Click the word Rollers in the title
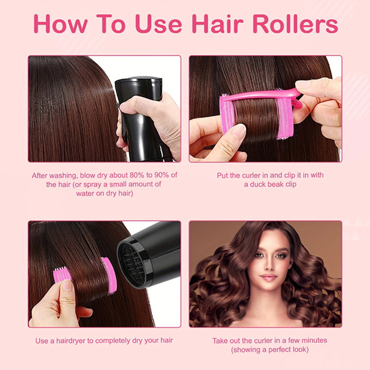(296, 24)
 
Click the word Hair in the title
(217, 24)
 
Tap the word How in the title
(61, 24)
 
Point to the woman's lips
(269, 277)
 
